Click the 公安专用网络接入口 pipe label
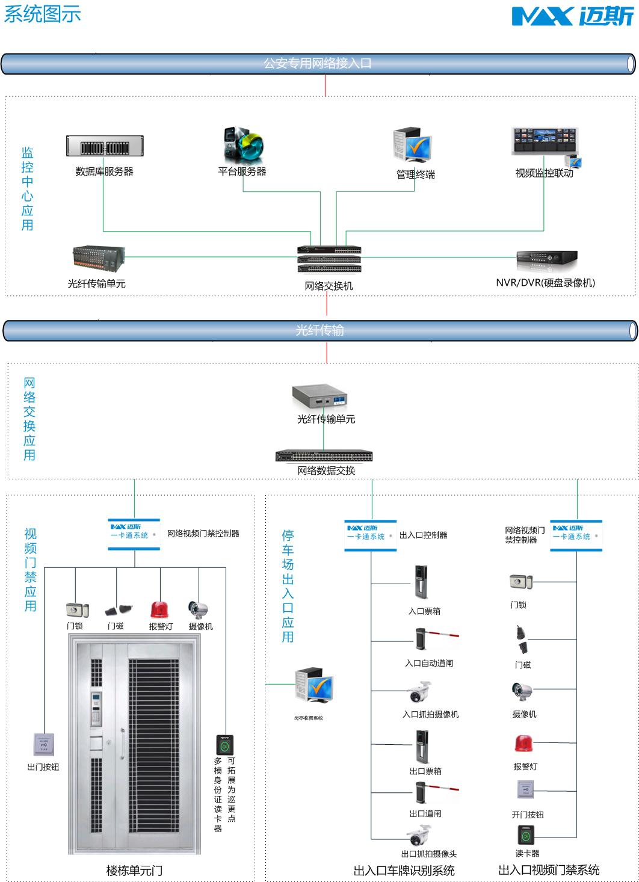[x=317, y=63]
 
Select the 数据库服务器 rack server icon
[x=105, y=146]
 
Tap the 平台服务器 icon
[x=242, y=144]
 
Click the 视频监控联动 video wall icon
[x=545, y=144]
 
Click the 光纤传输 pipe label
[x=319, y=330]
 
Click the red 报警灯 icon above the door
[x=159, y=610]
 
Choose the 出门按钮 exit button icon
[x=45, y=745]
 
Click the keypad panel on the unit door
[x=96, y=710]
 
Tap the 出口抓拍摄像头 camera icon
[x=419, y=836]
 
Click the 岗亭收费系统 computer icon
[x=313, y=685]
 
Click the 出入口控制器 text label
[x=423, y=535]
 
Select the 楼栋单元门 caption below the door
[x=134, y=871]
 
